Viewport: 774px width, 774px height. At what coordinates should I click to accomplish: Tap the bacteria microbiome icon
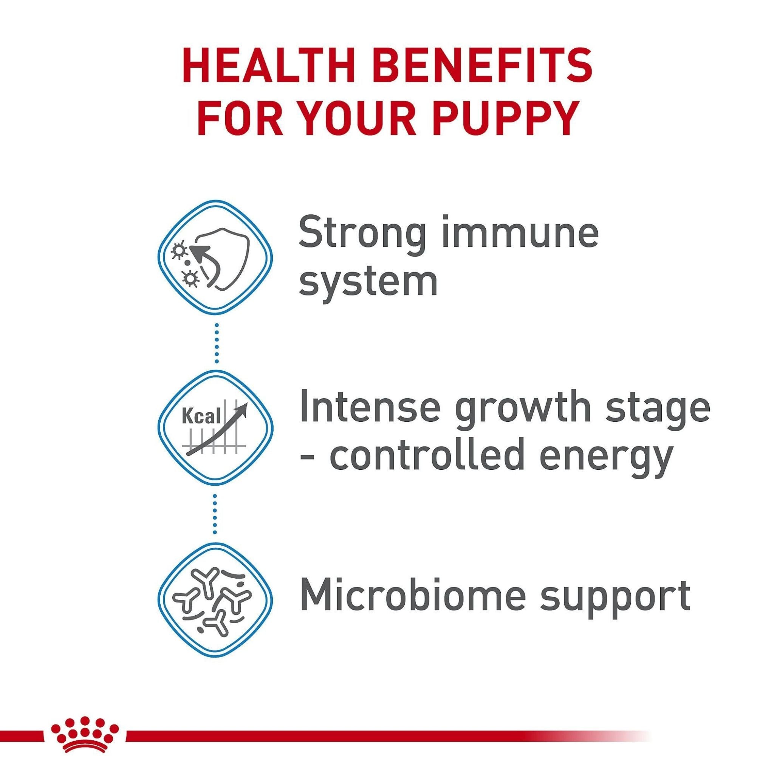point(215,599)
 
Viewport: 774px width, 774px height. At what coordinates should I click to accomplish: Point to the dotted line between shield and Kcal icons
point(216,343)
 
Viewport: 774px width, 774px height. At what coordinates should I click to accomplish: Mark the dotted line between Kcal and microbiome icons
point(215,514)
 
